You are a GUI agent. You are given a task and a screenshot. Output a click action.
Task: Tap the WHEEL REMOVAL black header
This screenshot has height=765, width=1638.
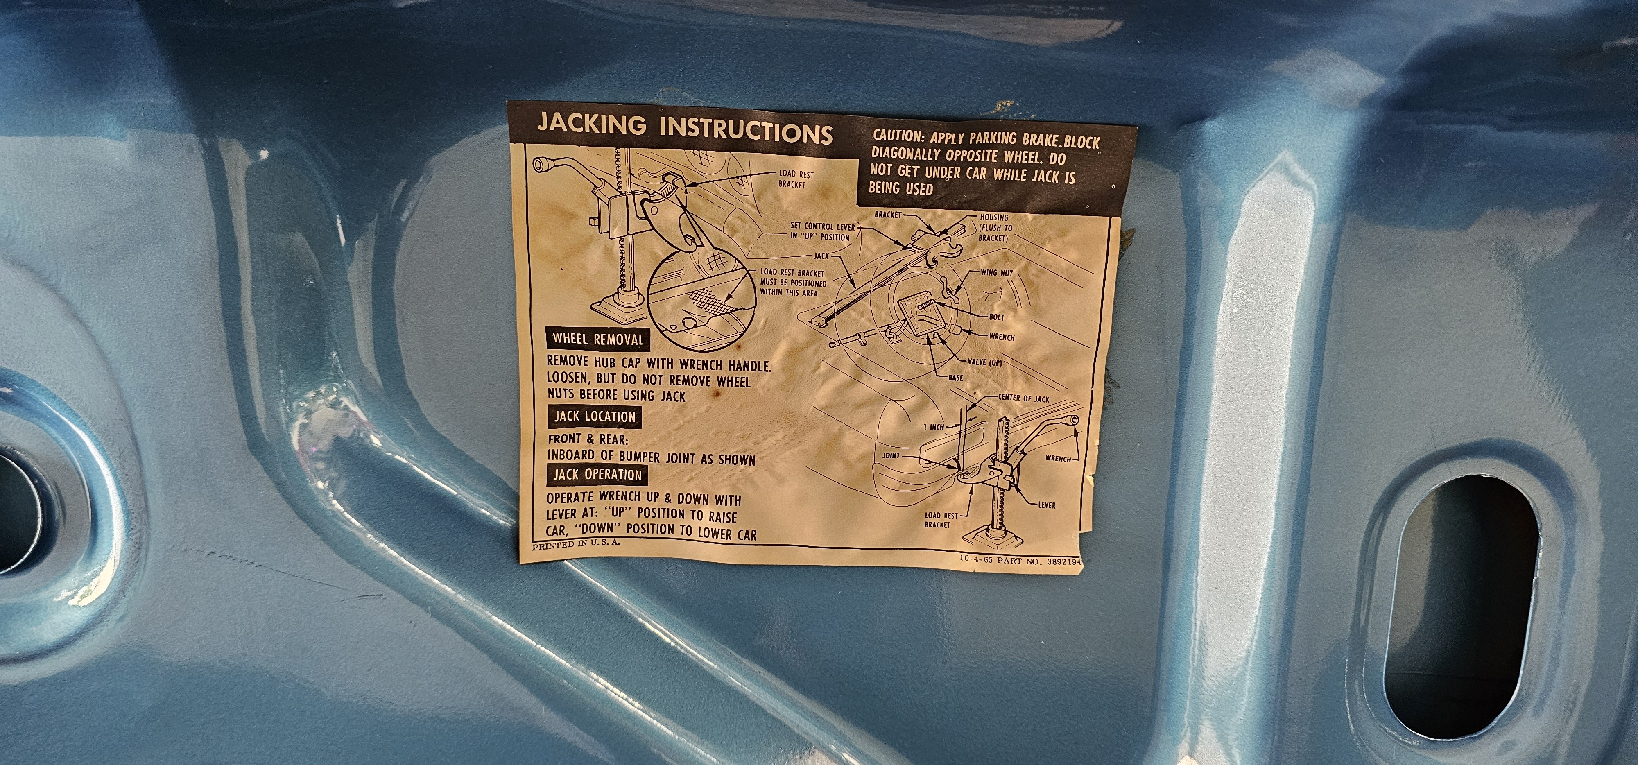point(598,339)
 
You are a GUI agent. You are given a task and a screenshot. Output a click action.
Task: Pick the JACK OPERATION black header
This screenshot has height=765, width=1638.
point(597,474)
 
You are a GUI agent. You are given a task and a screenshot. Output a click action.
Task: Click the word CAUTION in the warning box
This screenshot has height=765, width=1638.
point(898,136)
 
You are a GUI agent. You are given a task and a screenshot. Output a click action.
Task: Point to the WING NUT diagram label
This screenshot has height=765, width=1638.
point(997,273)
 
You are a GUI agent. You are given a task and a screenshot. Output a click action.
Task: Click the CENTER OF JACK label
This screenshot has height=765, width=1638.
point(1024,398)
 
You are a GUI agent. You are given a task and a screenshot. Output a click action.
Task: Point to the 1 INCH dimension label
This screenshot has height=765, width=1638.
point(934,427)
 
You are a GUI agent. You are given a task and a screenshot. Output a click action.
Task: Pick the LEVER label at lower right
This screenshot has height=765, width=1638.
point(1047,505)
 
